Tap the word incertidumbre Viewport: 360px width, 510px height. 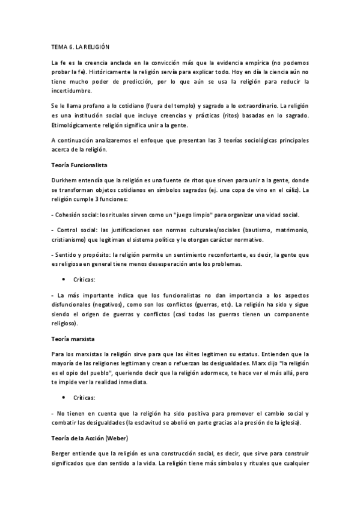[x=72, y=91]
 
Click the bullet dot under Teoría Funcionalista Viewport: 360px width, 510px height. [x=63, y=280]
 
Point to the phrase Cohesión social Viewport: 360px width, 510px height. [x=78, y=215]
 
